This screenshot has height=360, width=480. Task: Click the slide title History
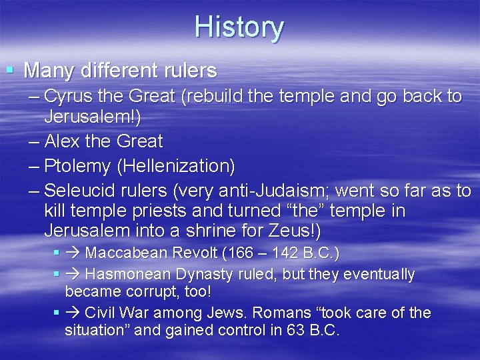click(239, 28)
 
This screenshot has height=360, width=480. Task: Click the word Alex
click(65, 141)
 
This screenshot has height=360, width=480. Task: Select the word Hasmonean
click(127, 274)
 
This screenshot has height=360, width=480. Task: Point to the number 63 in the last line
click(293, 330)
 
